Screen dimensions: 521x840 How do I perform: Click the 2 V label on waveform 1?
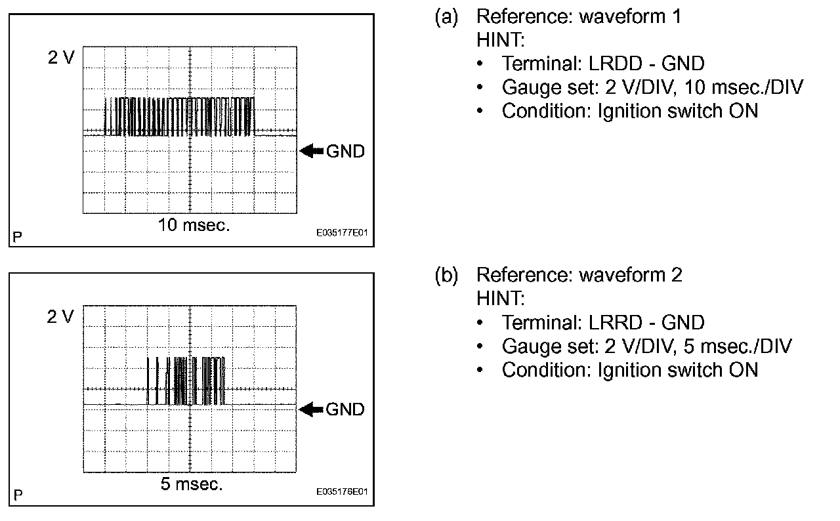click(61, 58)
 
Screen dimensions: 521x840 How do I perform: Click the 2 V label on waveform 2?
click(61, 317)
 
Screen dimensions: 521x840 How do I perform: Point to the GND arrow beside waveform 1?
click(312, 151)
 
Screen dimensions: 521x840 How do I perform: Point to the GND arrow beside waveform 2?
click(312, 410)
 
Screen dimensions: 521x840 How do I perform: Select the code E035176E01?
click(342, 491)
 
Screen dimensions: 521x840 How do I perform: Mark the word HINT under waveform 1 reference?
click(501, 40)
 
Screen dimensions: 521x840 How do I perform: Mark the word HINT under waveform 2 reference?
click(501, 299)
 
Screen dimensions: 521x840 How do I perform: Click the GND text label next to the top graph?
click(345, 151)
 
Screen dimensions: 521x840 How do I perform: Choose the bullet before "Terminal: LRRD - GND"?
click(482, 323)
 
